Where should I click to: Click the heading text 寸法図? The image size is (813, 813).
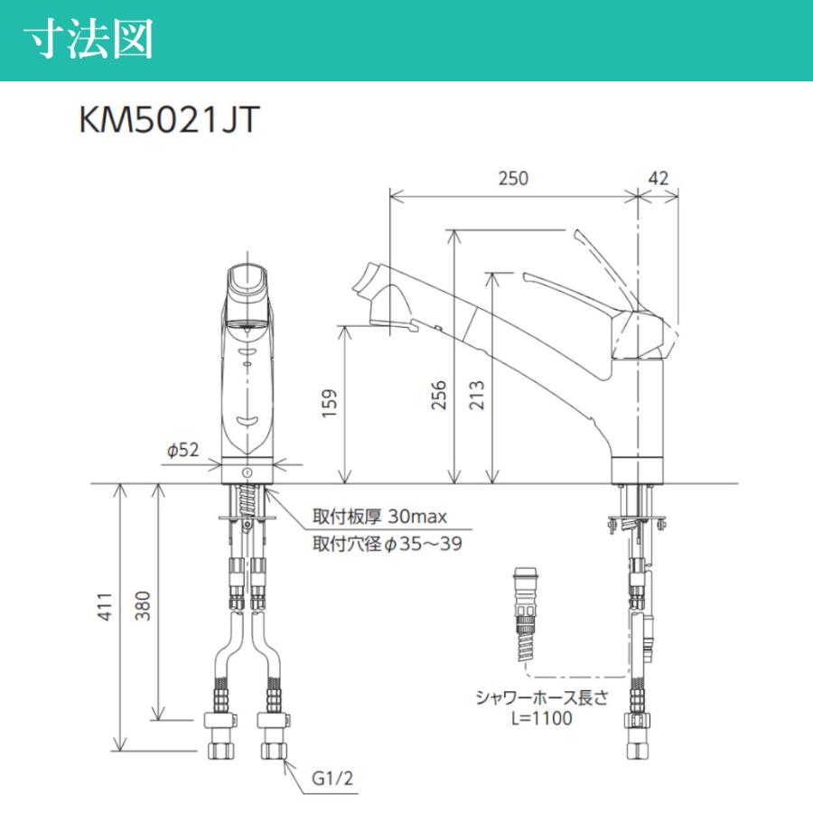point(88,41)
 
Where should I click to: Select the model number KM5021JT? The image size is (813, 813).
point(169,120)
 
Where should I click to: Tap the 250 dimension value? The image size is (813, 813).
point(512,179)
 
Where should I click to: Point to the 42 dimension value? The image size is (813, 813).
point(659,179)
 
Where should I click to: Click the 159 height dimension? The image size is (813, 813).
point(330,399)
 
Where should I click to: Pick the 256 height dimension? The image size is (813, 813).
point(438,395)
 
